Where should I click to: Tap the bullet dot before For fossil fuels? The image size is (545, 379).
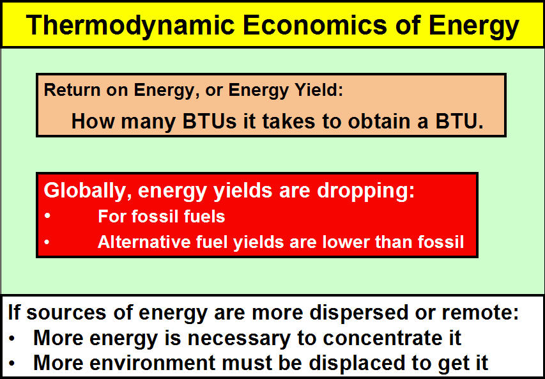[x=48, y=216]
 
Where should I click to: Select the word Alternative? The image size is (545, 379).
[x=144, y=242]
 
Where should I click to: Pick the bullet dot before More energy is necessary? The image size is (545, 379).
[x=12, y=338]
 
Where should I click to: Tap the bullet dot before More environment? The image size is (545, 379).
[x=12, y=364]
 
